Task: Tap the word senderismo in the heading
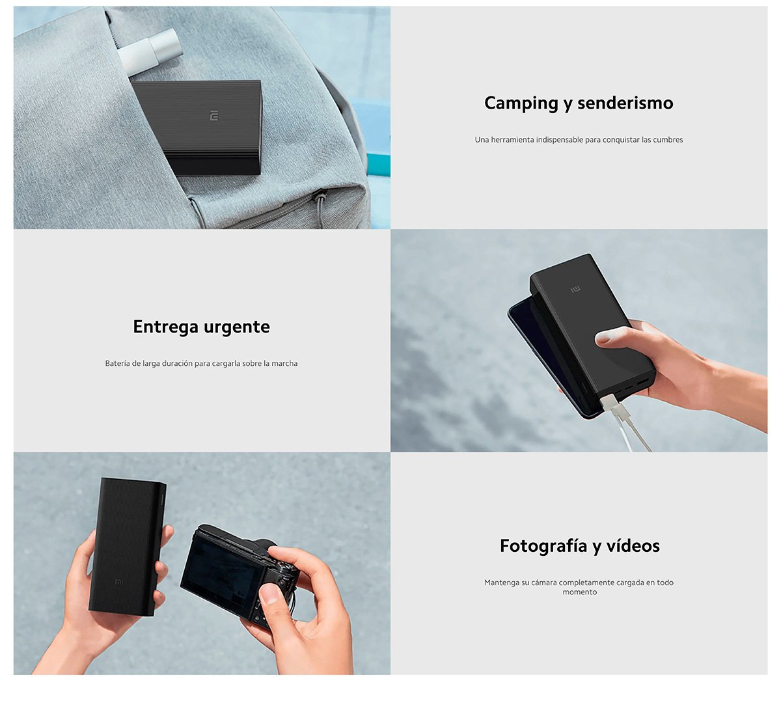(x=625, y=103)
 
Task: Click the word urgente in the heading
(x=238, y=327)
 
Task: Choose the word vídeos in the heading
(x=633, y=546)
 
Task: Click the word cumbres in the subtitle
(x=668, y=140)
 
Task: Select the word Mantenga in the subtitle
(x=501, y=582)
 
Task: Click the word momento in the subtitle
(x=579, y=592)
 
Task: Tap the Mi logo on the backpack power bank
(x=214, y=116)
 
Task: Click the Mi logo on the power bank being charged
(x=575, y=289)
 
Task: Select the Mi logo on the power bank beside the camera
(x=119, y=581)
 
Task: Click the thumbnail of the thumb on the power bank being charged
(x=604, y=337)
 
